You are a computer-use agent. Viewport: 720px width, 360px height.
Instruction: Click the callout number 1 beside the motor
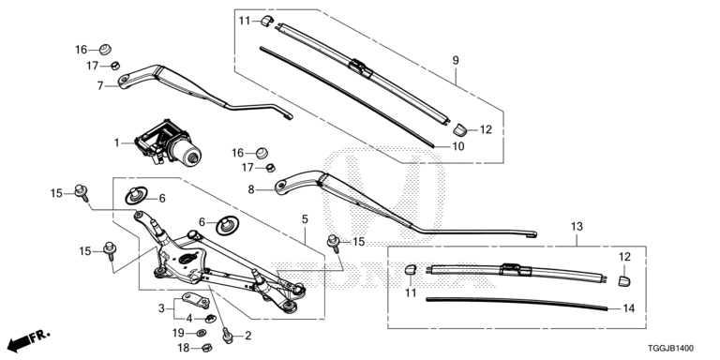point(117,142)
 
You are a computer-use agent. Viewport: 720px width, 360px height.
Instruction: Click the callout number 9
point(456,59)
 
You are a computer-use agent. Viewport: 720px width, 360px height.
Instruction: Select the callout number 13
point(577,226)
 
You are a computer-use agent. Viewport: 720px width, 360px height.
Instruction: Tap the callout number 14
point(629,307)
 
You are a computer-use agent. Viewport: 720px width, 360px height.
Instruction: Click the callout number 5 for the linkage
point(304,219)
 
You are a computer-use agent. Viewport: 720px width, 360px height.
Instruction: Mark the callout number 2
point(247,335)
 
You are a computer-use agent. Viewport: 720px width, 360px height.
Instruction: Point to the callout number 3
point(161,307)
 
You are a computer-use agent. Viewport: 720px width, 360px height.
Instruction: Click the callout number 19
point(177,333)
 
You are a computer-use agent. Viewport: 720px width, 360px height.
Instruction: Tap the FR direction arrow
point(28,338)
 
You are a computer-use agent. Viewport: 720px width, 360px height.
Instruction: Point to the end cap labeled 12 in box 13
point(624,277)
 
